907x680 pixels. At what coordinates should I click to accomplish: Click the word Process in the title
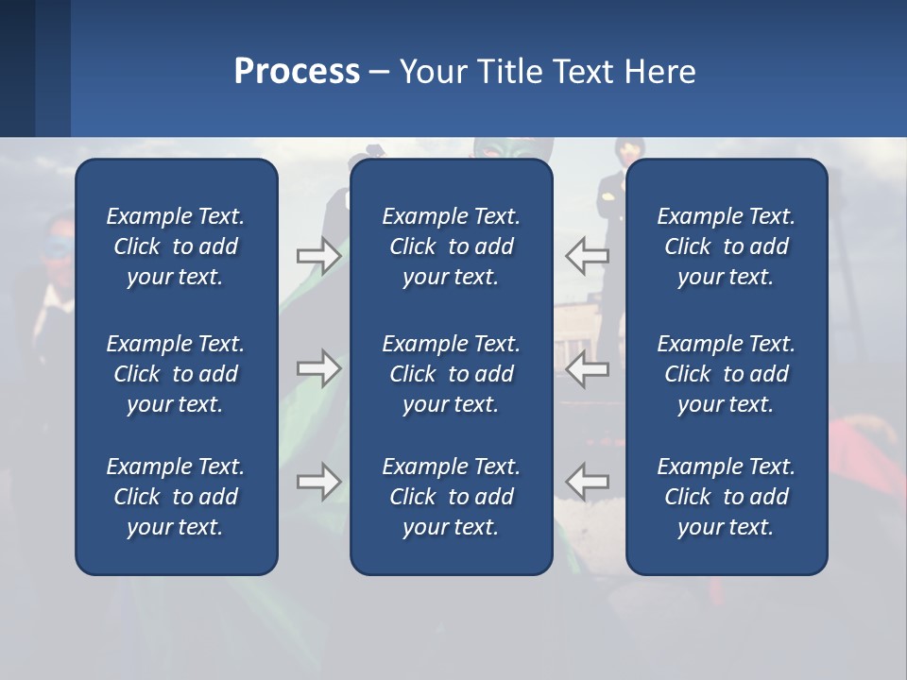click(297, 72)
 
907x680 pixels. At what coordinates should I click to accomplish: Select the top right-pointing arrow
click(319, 255)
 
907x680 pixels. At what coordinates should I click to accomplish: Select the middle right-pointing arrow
click(319, 368)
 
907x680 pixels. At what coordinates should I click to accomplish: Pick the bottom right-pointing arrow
click(319, 482)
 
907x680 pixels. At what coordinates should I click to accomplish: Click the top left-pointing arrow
click(588, 255)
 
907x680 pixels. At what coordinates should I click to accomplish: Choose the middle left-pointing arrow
click(588, 368)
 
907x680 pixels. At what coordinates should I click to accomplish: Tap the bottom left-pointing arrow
click(588, 482)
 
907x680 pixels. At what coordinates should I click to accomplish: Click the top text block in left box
click(176, 246)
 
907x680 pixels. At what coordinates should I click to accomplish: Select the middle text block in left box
click(176, 374)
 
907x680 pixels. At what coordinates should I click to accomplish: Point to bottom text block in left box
click(176, 497)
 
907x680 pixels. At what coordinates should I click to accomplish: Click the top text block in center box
click(451, 246)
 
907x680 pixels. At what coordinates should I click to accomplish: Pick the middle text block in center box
click(451, 374)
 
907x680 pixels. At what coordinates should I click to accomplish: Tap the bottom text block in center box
click(451, 497)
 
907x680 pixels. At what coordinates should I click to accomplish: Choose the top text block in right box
click(726, 246)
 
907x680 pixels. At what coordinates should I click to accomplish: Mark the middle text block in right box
click(726, 374)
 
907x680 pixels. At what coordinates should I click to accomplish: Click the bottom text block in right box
click(726, 497)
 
